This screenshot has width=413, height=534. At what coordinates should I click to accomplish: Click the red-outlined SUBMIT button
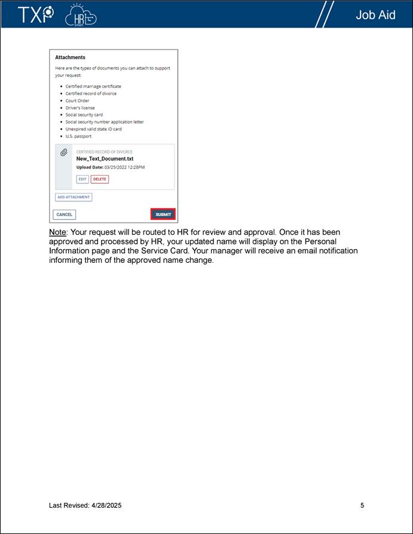click(163, 214)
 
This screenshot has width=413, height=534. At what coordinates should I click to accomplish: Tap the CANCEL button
click(65, 214)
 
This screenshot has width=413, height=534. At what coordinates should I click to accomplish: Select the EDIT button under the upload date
click(82, 179)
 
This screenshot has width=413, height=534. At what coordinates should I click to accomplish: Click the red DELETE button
click(100, 179)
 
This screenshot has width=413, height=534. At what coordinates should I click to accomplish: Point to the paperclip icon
click(64, 153)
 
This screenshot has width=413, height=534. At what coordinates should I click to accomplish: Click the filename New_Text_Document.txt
click(105, 159)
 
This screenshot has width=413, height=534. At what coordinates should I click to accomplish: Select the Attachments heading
click(70, 57)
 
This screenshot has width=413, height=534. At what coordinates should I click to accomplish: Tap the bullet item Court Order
click(77, 101)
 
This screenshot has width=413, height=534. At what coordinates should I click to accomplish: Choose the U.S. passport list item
click(78, 136)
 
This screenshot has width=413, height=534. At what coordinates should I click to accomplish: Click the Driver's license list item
click(80, 108)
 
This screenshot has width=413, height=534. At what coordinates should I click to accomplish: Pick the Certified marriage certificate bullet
click(93, 87)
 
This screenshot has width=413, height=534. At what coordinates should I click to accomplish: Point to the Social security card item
click(84, 115)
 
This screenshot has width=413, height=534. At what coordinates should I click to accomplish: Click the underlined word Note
click(58, 232)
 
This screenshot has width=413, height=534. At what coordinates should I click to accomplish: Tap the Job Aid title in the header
click(375, 15)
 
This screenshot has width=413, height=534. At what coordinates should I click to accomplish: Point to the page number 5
click(362, 505)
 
